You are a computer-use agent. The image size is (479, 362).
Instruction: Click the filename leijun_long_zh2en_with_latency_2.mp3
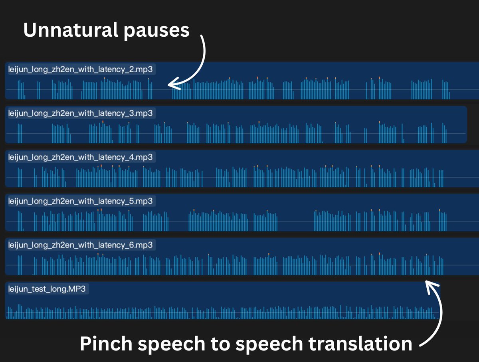[x=80, y=69]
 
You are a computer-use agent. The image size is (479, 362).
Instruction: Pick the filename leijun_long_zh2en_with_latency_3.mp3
[x=80, y=113]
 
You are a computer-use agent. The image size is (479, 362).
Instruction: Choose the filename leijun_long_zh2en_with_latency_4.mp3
[x=80, y=157]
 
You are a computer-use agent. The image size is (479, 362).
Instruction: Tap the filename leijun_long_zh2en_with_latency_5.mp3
[x=80, y=201]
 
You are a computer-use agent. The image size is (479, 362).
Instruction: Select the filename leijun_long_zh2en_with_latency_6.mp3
[x=80, y=245]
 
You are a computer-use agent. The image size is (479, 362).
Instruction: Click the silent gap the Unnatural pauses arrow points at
[x=162, y=89]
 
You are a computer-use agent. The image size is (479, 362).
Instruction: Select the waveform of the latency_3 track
[x=239, y=133]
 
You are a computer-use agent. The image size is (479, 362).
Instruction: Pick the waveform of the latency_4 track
[x=239, y=177]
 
